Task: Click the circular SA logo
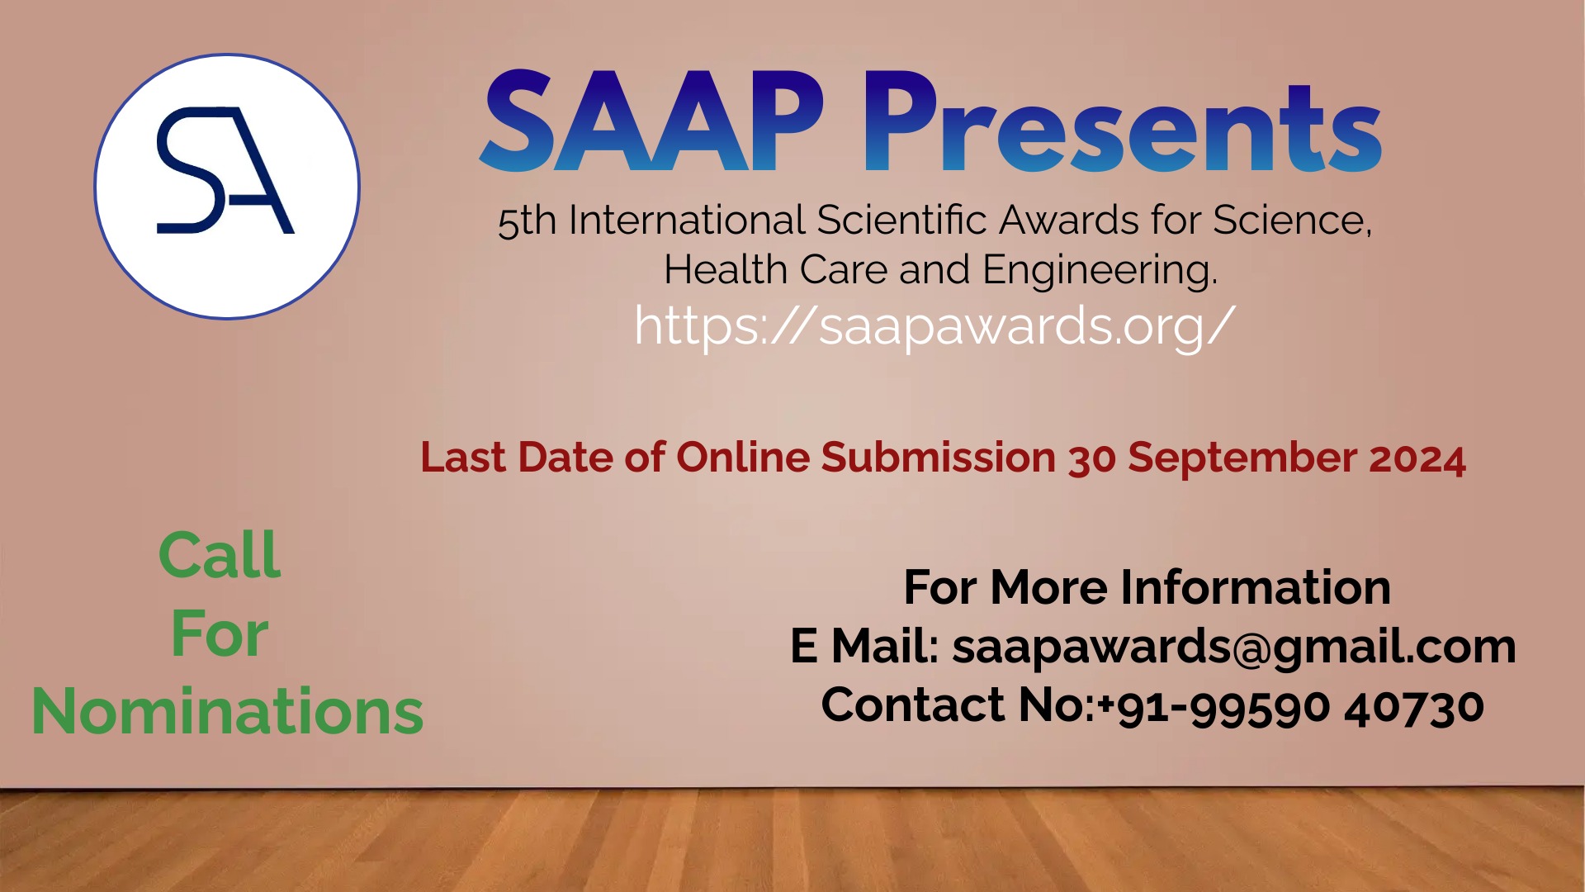click(227, 187)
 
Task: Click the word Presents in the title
click(1123, 124)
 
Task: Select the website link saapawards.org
click(934, 326)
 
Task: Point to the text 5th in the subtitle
click(527, 221)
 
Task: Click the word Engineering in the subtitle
click(1100, 270)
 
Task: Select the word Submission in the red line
click(939, 458)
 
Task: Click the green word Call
click(220, 555)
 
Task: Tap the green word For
click(220, 634)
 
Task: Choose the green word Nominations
click(227, 711)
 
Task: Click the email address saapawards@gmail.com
click(1234, 646)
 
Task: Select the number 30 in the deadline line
click(1092, 459)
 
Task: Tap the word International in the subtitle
click(686, 221)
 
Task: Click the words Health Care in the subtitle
click(775, 270)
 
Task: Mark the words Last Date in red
click(517, 458)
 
